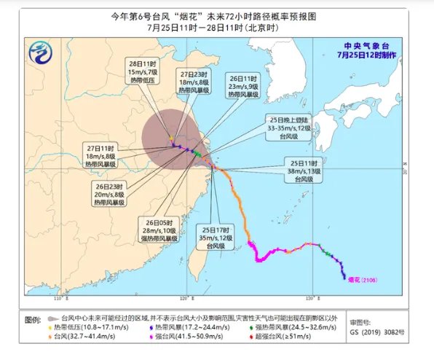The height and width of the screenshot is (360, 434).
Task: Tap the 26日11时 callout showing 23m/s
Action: tap(243, 86)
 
